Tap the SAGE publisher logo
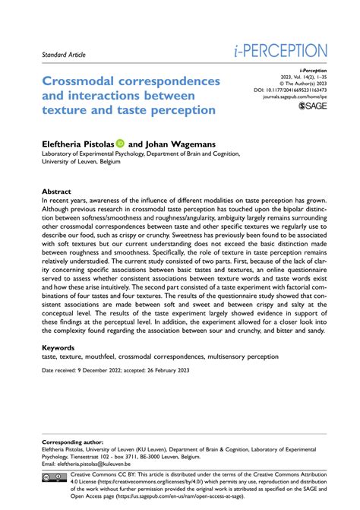pos(313,107)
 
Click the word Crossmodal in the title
pos(83,81)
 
